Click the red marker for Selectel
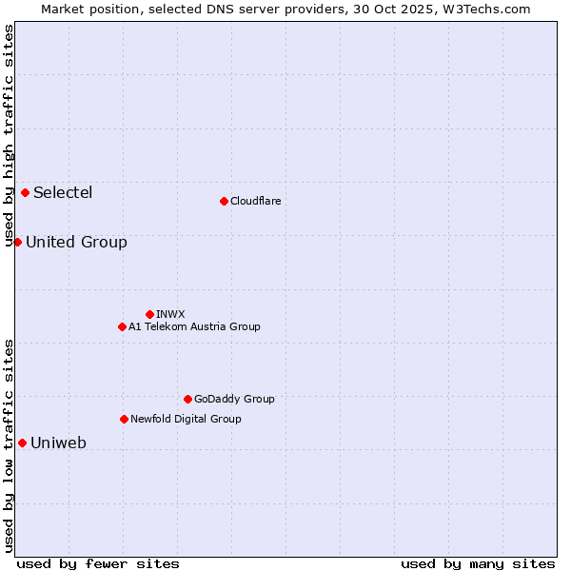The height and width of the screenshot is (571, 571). pos(25,192)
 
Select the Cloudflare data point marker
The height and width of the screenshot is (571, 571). pos(224,201)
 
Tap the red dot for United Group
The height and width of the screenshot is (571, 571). pos(17,242)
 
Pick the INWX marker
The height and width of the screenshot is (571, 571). pos(149,314)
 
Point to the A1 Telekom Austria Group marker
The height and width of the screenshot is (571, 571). pos(122,326)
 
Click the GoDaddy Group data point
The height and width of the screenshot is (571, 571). pos(187,399)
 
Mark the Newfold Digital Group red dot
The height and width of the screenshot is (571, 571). pos(124,419)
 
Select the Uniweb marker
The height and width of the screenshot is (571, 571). pos(22,443)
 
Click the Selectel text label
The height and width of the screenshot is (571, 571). pos(63,192)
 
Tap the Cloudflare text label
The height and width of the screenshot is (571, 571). pos(255,201)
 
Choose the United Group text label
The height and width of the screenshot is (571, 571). pos(76,242)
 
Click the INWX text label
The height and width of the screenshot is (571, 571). pos(170,314)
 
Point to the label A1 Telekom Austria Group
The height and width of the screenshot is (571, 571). pos(194,326)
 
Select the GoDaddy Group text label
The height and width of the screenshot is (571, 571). pos(234,399)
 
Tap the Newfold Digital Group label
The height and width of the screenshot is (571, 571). pos(186,419)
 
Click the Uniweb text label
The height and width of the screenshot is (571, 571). pos(58,443)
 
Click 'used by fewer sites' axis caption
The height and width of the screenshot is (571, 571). pos(98,563)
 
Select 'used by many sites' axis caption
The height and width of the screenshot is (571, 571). pos(478,563)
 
